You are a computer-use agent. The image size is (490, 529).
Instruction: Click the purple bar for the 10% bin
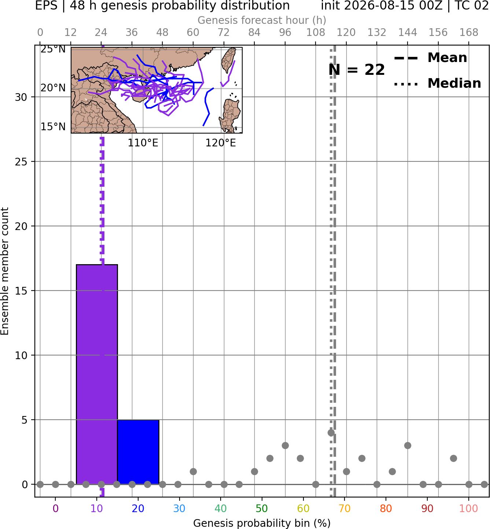coord(97,374)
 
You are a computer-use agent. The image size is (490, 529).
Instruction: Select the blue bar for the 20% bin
coord(138,452)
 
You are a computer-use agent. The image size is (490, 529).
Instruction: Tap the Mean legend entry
coord(431,58)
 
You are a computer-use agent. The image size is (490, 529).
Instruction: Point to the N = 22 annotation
coord(357,70)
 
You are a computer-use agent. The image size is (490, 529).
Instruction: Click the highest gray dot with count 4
coord(331,433)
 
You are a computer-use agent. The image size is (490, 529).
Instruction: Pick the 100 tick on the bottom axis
coord(469,508)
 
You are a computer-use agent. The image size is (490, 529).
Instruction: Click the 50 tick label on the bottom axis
coord(262,508)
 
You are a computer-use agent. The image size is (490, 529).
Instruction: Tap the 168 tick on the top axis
coord(469,33)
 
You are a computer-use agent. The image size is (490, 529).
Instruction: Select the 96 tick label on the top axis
coord(285,33)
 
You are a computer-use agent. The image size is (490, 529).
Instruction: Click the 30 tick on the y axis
coord(21,97)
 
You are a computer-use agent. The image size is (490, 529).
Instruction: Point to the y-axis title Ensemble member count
coord(4,271)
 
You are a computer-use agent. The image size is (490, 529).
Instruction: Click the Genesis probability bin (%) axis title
coord(262,523)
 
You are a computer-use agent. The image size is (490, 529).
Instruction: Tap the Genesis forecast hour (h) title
coord(262,20)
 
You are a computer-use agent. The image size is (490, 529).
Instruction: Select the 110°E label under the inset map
coord(143,143)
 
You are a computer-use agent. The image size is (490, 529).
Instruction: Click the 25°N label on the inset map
coord(53,49)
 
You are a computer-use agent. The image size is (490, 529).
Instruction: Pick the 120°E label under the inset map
coord(221,143)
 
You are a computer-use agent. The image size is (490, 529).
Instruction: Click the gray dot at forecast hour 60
coord(193,471)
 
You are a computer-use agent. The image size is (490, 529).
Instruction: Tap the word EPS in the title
coord(46,6)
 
